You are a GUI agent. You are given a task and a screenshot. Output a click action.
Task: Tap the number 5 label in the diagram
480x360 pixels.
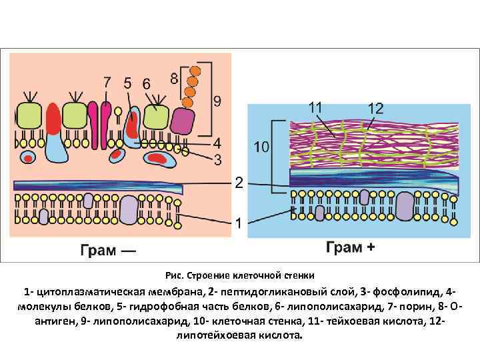(x=128, y=83)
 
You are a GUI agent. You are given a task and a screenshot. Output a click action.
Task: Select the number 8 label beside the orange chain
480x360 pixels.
(x=174, y=78)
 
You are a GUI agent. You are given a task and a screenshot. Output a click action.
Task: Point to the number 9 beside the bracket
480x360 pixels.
(x=217, y=101)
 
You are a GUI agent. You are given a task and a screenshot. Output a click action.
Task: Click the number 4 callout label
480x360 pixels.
(x=217, y=143)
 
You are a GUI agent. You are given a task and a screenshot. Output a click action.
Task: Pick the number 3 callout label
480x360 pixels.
(x=217, y=159)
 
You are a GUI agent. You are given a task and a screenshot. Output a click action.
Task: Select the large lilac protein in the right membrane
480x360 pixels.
(x=405, y=206)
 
